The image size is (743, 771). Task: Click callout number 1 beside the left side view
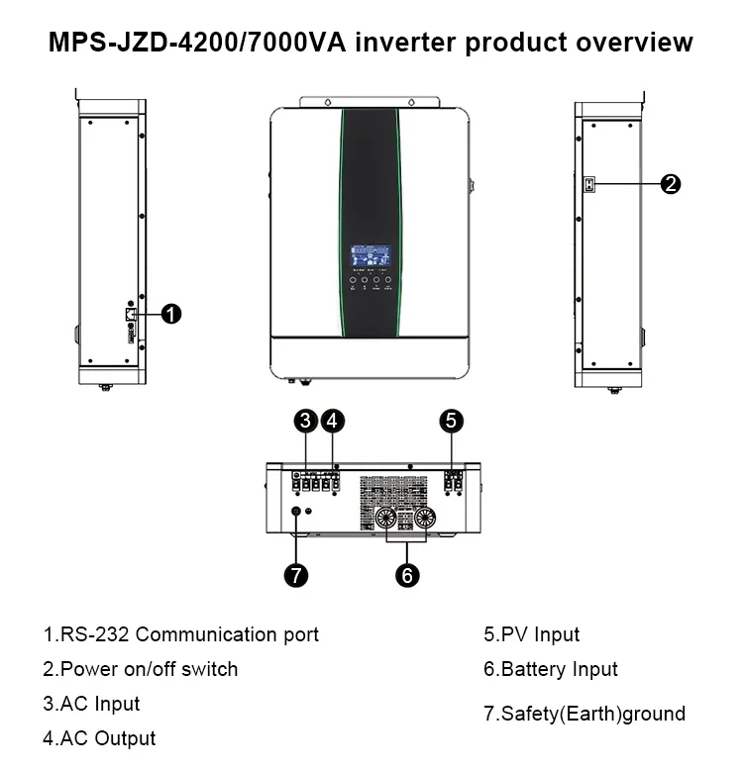coord(170,314)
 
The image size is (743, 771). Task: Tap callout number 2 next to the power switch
coord(670,183)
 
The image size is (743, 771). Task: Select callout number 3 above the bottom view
coord(307,421)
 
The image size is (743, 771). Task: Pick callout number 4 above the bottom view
coord(334,421)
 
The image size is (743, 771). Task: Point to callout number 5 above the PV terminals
coord(452,421)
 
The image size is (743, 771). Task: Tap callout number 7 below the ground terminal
coord(295,574)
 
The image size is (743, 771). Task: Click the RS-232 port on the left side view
coord(130,314)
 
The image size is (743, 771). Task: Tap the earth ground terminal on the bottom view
coord(295,513)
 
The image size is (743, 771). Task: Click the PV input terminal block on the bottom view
coord(453,483)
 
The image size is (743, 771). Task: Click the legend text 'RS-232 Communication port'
coord(180,634)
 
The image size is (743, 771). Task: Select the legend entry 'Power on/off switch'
coord(141,669)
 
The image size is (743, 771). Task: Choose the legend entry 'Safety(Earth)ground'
coord(584,714)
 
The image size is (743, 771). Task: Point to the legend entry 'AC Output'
coord(99,738)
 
